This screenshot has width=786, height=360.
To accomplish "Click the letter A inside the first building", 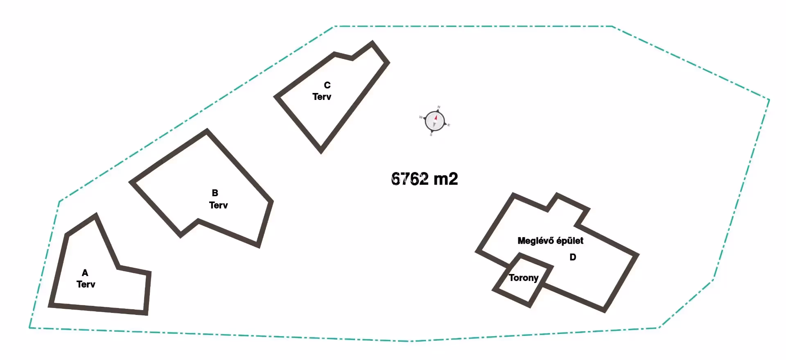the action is point(85,273).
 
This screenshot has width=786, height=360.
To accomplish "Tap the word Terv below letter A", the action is point(86,284).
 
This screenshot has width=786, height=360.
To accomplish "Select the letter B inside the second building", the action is point(215,193).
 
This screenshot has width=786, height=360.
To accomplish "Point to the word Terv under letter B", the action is point(219,205).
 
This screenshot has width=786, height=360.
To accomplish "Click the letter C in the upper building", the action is point(327,85).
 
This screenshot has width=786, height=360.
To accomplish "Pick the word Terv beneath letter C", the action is point(322,97).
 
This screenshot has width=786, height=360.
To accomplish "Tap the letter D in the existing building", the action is point(573,257).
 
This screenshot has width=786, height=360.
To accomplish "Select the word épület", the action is point(570,241).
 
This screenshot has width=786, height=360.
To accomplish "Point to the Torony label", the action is point(524,278).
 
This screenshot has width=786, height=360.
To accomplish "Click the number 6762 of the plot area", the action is point(410,179).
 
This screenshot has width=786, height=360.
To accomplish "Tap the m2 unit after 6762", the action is point(445,179).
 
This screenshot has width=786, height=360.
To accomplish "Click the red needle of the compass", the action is point(436,118).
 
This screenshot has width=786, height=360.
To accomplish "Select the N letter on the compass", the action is point(439,107).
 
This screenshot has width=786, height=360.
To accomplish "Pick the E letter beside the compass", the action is point(449,125).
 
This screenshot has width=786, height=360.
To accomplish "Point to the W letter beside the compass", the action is point(420,117).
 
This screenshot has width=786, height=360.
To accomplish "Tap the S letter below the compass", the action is point(431,135).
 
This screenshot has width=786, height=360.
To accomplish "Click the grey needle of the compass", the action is point(434,125).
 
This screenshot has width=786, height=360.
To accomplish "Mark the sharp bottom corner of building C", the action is point(321,151).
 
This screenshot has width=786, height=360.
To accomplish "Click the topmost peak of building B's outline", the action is point(207,131).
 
